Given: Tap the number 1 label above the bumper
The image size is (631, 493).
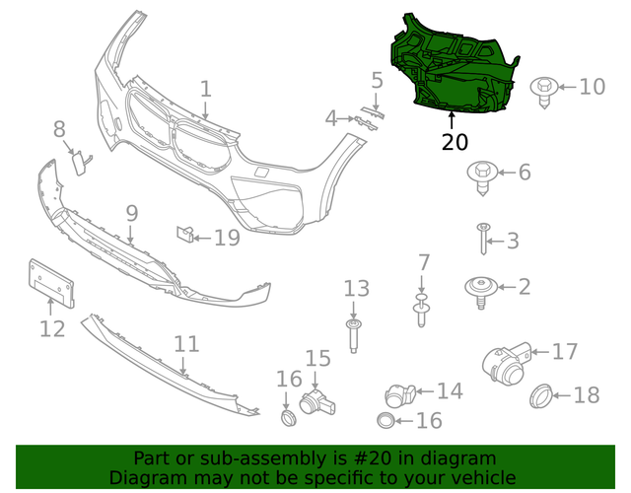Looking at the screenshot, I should tap(205, 89).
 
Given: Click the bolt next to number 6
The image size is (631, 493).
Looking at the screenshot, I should tap(481, 175).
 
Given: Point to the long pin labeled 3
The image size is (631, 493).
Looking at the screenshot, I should tap(483, 239).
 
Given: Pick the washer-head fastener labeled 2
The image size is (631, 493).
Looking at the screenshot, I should tap(479, 287).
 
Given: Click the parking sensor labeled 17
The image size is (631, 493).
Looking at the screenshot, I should tap(505, 362).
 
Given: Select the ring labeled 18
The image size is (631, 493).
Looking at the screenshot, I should tap(541, 396).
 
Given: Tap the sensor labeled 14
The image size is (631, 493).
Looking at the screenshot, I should tap(400, 392).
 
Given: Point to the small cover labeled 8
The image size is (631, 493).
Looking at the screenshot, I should tap(77, 161).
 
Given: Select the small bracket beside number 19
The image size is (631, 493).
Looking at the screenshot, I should tap(183, 235).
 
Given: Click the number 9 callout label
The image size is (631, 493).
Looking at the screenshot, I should tap(131, 212).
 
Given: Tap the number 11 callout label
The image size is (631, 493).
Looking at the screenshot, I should tap(186, 344).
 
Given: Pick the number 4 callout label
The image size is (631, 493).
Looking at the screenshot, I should tap(331, 119).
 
